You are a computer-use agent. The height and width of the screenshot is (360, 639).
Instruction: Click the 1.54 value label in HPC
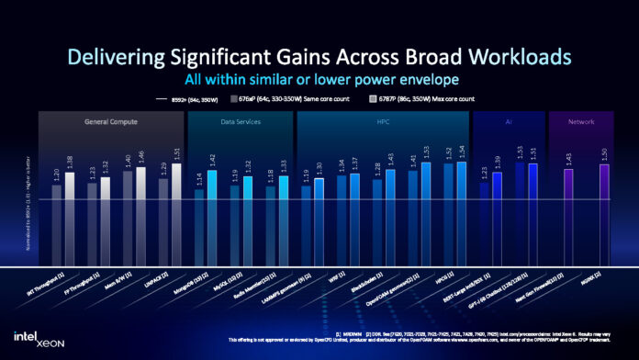(461, 152)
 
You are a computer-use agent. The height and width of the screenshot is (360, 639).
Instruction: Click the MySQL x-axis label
(226, 279)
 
